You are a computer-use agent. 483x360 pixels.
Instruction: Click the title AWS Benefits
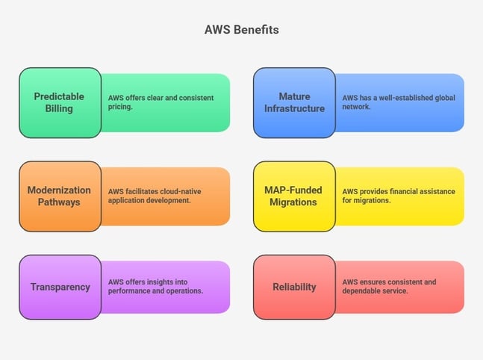click(x=241, y=30)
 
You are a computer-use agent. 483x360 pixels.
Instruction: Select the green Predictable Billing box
click(x=60, y=102)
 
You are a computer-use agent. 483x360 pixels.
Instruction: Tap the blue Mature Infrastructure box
click(x=294, y=102)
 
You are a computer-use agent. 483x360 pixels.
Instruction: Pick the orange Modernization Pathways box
click(x=60, y=196)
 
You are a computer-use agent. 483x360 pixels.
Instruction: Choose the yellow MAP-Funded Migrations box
click(x=294, y=196)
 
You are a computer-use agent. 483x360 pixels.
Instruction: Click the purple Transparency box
click(x=60, y=287)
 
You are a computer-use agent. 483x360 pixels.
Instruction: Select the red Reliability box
click(x=294, y=287)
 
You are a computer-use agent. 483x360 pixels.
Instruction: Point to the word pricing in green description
click(x=119, y=108)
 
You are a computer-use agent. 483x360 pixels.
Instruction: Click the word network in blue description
click(x=357, y=108)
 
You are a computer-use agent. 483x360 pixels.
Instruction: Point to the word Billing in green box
click(x=59, y=109)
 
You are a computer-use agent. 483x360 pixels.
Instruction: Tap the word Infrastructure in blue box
click(x=294, y=109)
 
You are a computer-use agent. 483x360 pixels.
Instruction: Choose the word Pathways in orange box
click(x=59, y=202)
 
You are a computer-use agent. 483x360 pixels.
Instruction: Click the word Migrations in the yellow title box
click(x=294, y=202)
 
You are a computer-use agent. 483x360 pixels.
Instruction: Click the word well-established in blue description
click(x=409, y=98)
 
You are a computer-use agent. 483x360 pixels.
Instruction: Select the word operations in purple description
click(x=181, y=291)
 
